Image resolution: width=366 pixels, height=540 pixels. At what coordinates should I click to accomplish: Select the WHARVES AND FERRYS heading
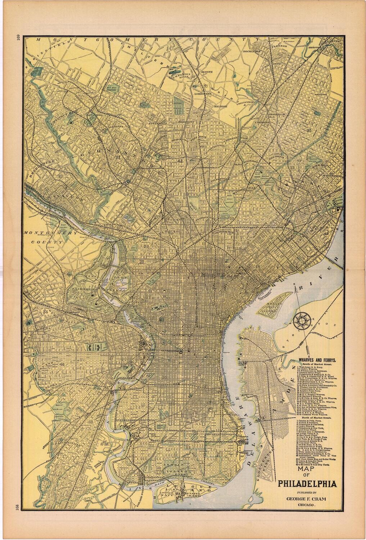coord(315,359)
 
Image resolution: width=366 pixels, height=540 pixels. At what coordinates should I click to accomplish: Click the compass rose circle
coord(301,320)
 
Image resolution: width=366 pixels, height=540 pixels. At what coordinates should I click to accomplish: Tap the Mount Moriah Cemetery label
coord(58,397)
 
